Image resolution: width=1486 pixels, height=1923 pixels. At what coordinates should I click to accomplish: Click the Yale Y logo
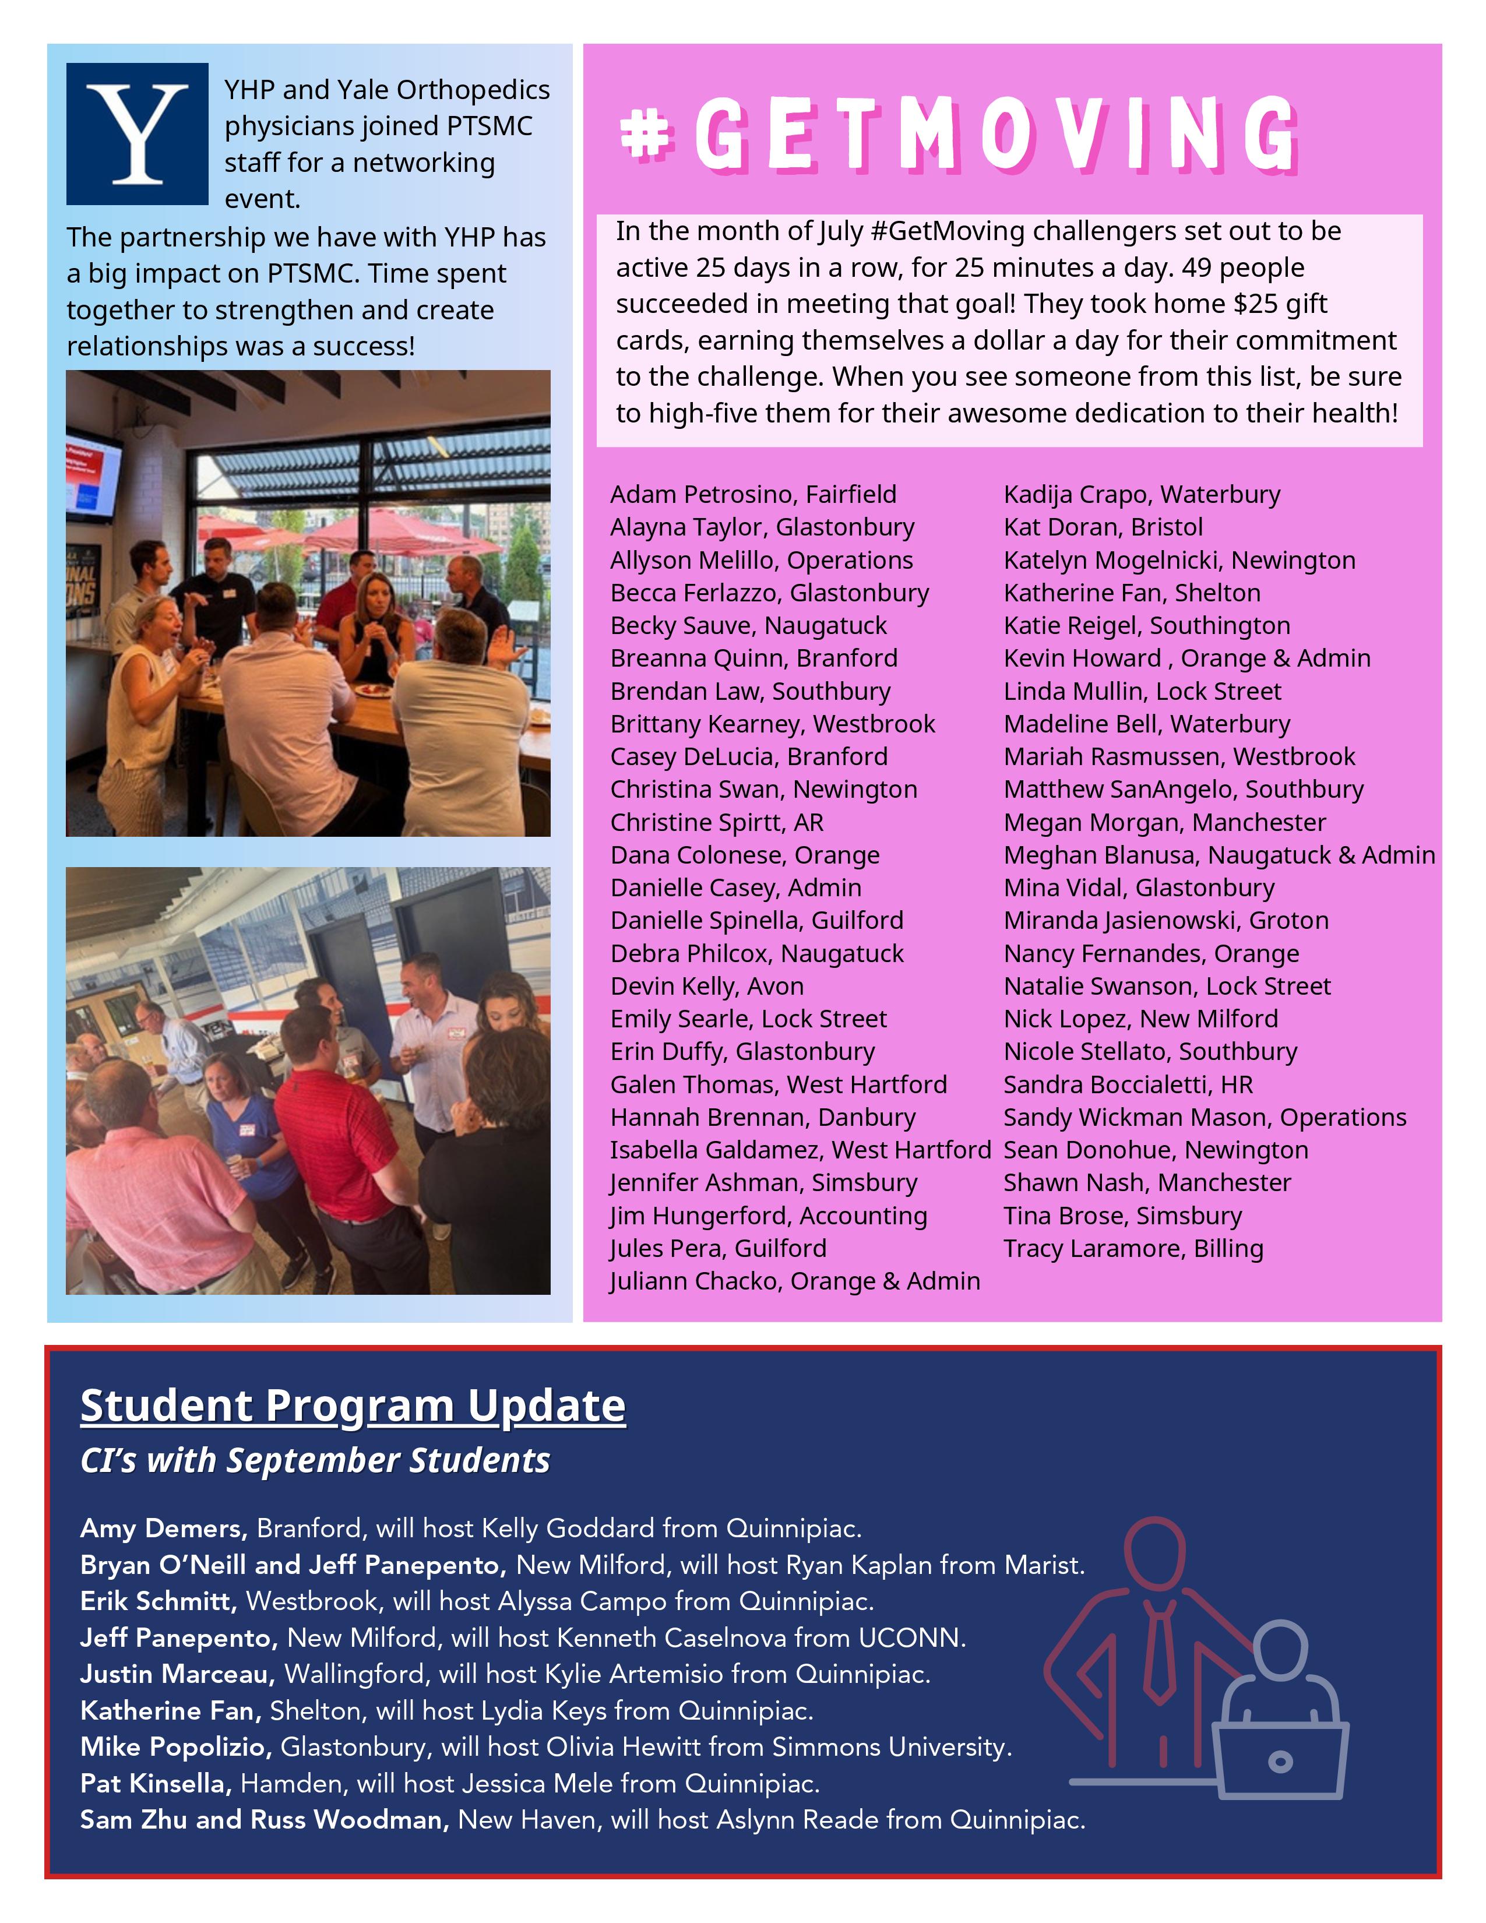point(138,134)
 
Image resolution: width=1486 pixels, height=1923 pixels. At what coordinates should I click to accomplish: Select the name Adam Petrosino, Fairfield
point(753,494)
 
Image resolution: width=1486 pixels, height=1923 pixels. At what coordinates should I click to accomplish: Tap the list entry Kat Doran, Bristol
point(1102,527)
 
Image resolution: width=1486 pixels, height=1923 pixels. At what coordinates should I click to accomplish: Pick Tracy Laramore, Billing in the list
point(1133,1248)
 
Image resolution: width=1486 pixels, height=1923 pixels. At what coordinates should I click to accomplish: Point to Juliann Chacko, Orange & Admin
point(794,1280)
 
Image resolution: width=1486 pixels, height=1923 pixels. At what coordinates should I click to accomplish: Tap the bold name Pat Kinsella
point(156,1783)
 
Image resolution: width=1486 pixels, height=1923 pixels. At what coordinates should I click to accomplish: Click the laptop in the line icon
point(1280,1760)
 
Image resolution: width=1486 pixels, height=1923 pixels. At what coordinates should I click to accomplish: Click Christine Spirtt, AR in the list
point(717,822)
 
